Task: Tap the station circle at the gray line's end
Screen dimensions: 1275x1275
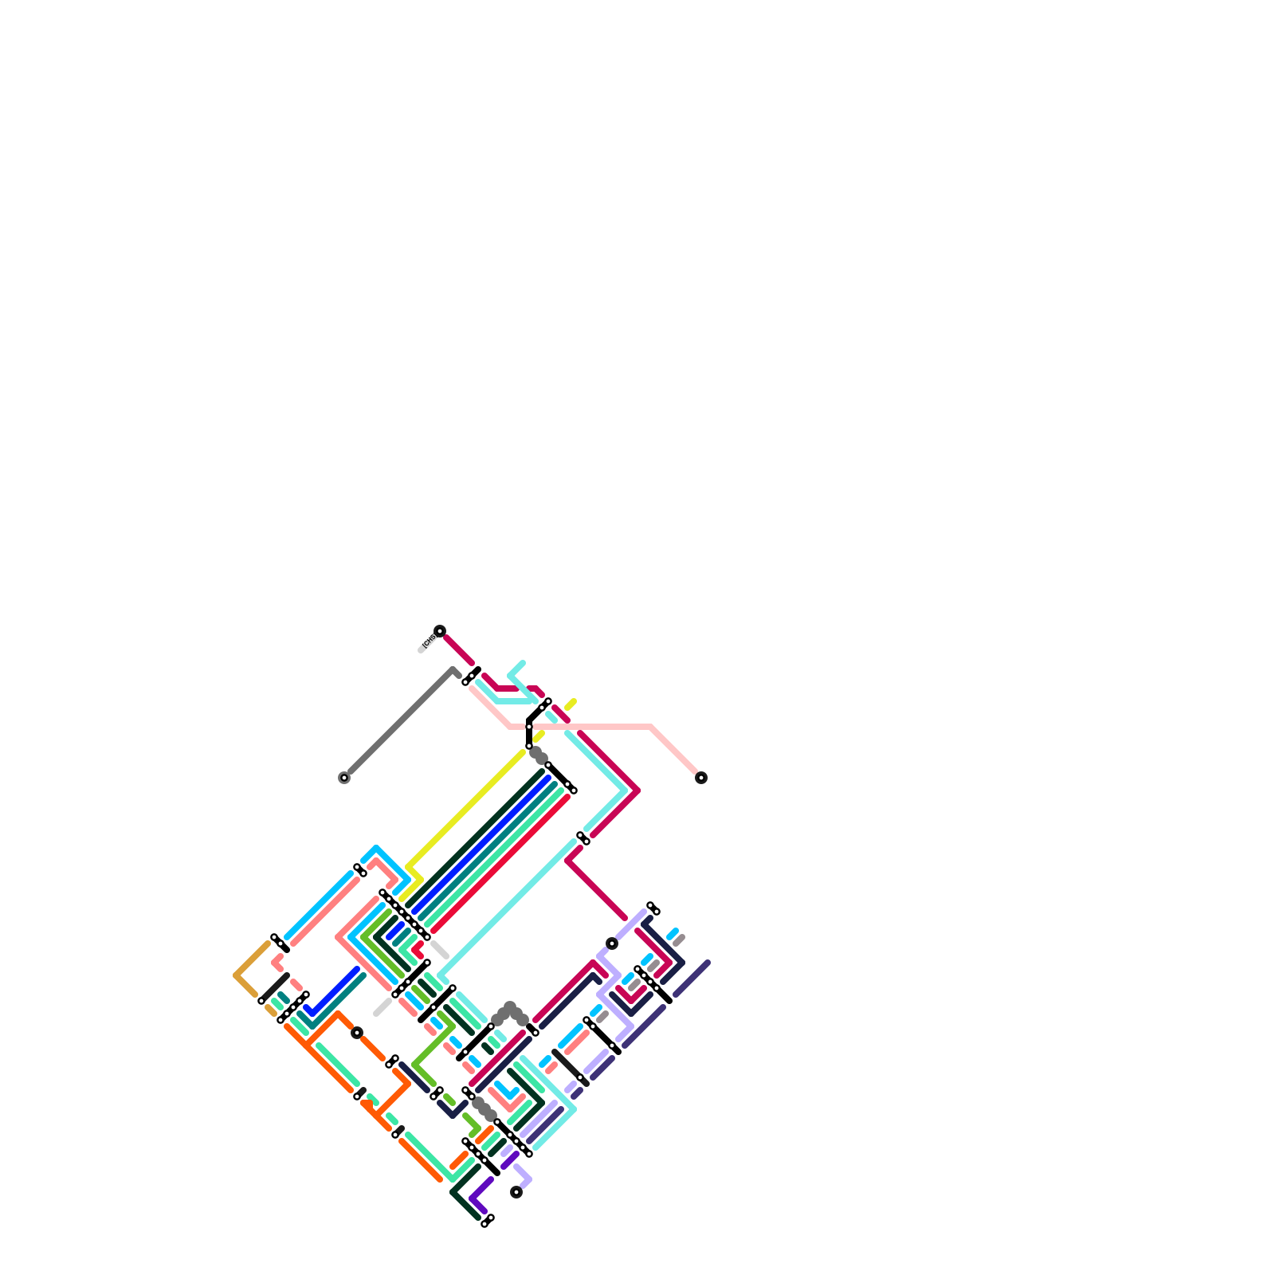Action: pos(344,778)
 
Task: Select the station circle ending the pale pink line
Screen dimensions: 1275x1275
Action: pos(701,778)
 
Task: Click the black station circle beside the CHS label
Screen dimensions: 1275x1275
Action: pos(440,631)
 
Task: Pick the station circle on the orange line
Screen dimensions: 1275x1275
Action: pos(357,1033)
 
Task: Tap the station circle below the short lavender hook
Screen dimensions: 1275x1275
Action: pos(516,1192)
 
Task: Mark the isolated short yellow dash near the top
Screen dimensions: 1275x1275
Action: pos(570,704)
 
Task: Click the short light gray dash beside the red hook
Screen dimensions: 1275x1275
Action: pos(440,949)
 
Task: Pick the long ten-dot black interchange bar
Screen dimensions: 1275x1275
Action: pos(405,915)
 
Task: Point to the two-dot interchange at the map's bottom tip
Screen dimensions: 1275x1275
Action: pos(488,1221)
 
